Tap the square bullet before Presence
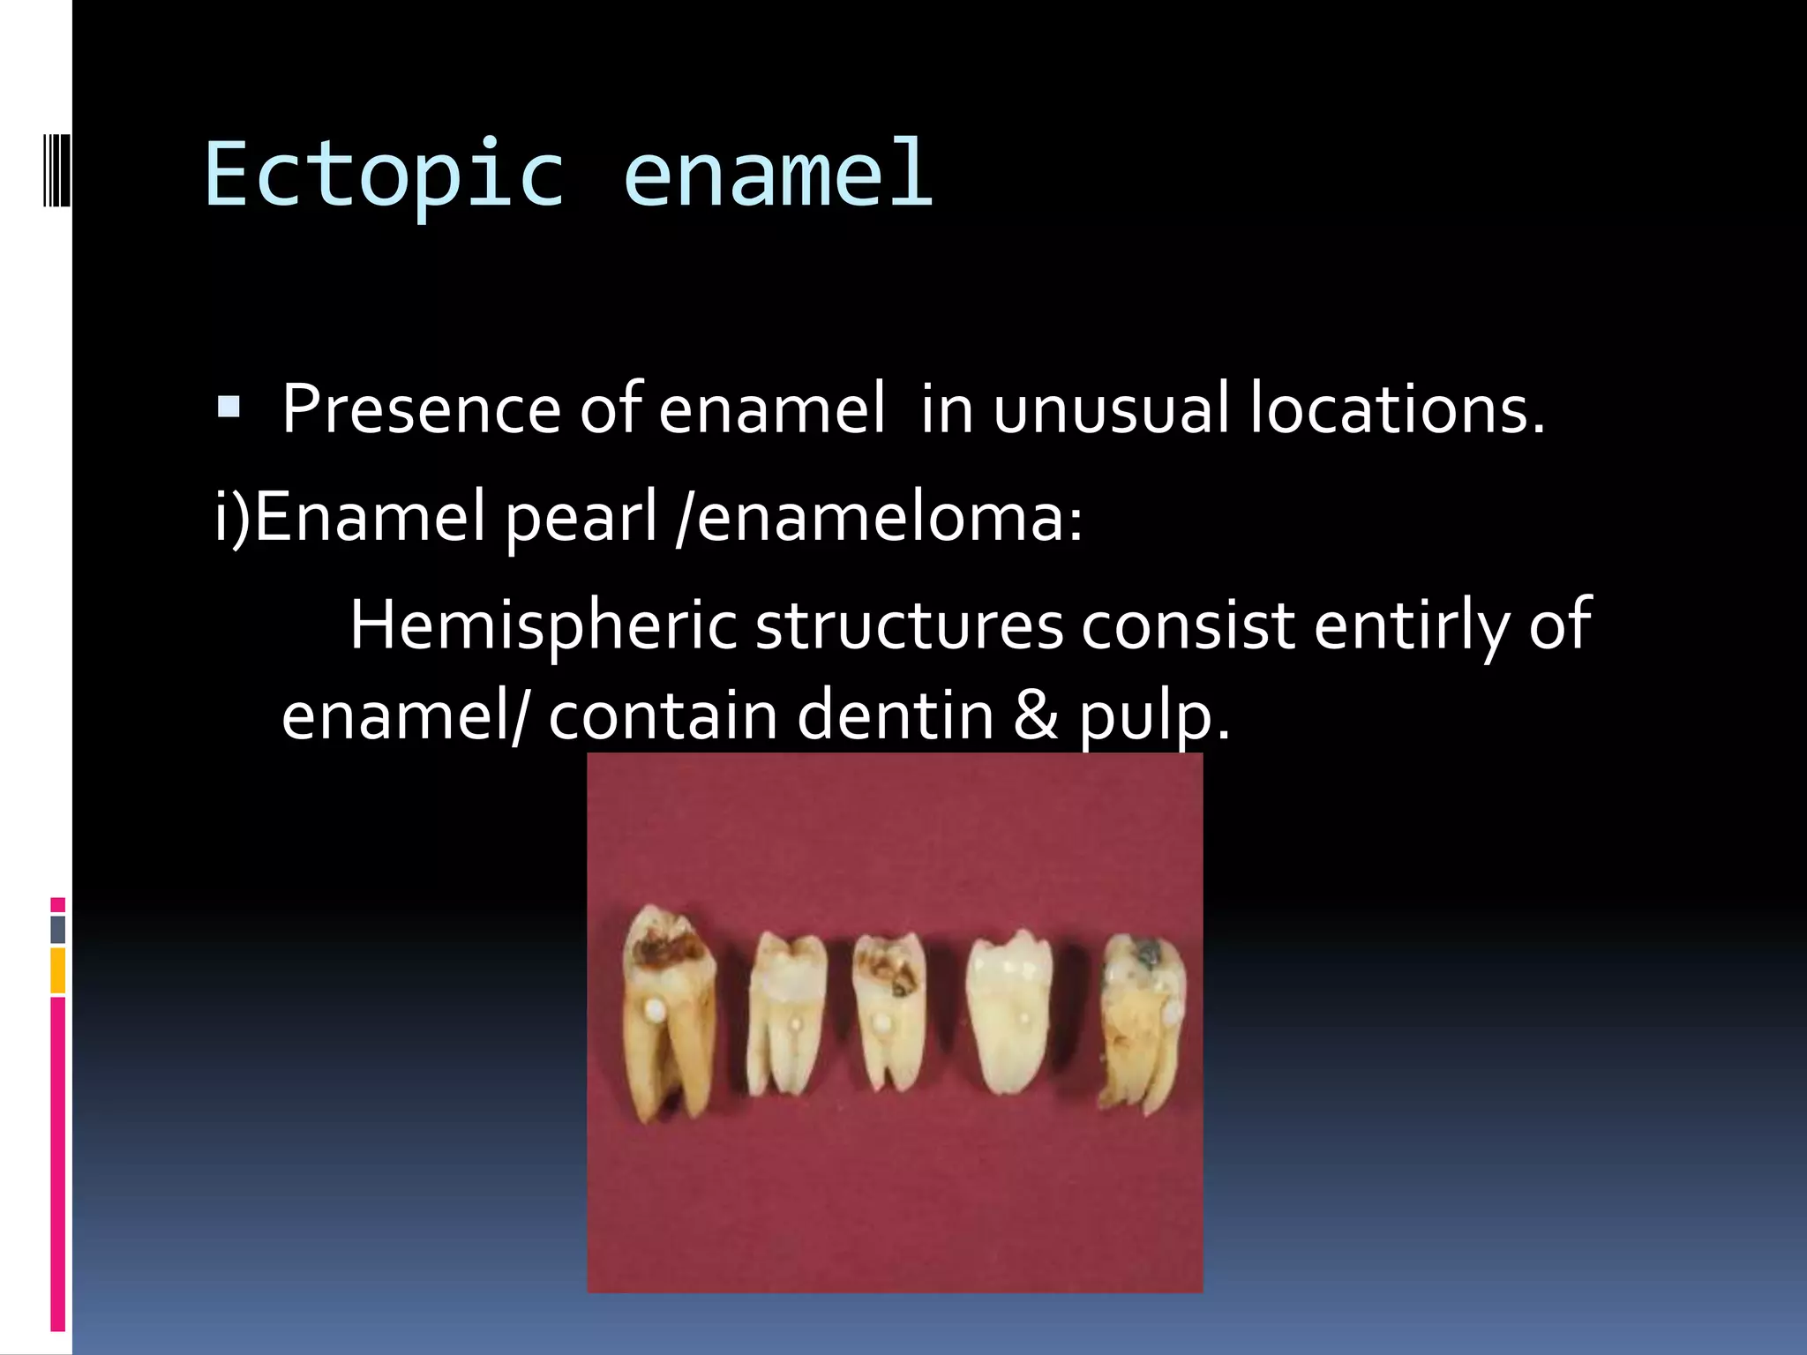tap(229, 407)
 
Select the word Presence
tap(420, 409)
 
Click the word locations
tap(1398, 409)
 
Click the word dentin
tap(896, 715)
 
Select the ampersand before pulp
tap(1035, 715)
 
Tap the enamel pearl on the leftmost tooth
tap(654, 1008)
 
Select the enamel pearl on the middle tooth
tap(880, 1023)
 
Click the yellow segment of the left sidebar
tap(57, 969)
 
